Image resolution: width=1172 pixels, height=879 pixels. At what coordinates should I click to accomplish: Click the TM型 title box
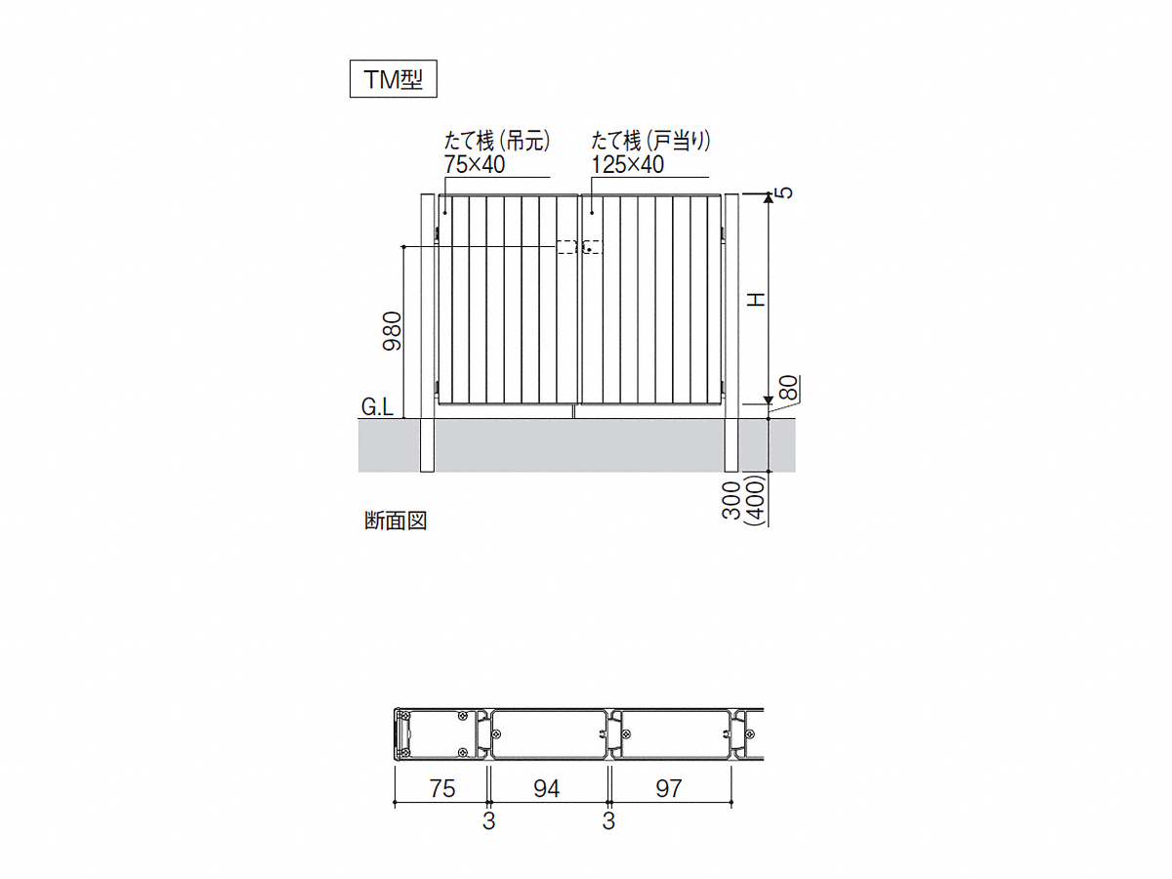(x=393, y=79)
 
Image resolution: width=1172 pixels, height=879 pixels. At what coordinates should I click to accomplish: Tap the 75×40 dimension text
(x=474, y=164)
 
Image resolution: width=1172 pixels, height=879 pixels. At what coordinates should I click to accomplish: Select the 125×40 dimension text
(x=627, y=164)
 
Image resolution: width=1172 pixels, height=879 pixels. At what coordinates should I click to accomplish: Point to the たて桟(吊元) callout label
(x=497, y=141)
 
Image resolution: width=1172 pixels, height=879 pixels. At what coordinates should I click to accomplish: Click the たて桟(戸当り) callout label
(x=650, y=141)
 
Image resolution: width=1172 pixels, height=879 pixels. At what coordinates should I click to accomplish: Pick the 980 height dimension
(x=392, y=331)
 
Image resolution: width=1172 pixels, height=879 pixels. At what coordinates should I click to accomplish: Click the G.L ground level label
(x=377, y=407)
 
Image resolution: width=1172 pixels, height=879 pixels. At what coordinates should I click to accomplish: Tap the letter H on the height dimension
(x=756, y=300)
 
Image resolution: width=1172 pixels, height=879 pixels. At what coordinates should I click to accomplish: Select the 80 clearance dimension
(x=788, y=388)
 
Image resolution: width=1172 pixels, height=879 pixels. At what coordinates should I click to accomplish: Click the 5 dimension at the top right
(x=786, y=192)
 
